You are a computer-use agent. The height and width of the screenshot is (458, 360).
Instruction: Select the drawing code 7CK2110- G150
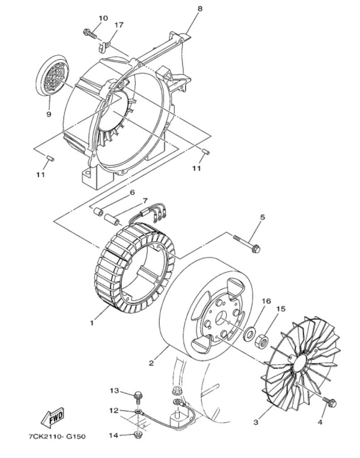tap(57, 437)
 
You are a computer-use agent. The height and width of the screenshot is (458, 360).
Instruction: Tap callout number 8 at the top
tap(200, 9)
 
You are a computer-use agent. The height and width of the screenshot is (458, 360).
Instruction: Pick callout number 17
tap(119, 25)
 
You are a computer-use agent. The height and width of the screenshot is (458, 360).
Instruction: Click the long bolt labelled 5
tap(247, 244)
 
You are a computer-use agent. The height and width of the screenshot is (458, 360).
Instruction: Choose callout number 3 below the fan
tap(256, 422)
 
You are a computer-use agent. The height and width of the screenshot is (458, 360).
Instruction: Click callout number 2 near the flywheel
tap(151, 363)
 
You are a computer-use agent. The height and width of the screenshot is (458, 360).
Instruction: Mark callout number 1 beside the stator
tap(92, 323)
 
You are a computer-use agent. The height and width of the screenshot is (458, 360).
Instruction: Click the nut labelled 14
tap(138, 434)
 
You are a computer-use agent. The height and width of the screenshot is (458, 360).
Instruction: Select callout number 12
tap(114, 411)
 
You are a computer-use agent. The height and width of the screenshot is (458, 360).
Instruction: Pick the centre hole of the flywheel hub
tap(221, 318)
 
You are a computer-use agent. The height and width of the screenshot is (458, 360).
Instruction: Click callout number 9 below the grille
tap(49, 114)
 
